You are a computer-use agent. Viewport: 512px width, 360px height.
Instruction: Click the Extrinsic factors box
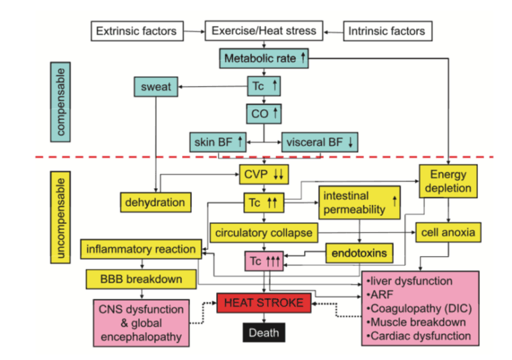pyautogui.click(x=136, y=31)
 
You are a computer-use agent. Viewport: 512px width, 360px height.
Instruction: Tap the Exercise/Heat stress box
pyautogui.click(x=264, y=31)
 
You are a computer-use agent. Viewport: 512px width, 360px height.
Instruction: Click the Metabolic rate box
pyautogui.click(x=265, y=59)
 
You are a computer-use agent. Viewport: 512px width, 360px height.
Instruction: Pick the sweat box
pyautogui.click(x=157, y=86)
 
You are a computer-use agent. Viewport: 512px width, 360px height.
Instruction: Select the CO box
pyautogui.click(x=265, y=113)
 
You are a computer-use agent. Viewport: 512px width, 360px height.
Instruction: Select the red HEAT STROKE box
pyautogui.click(x=265, y=303)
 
